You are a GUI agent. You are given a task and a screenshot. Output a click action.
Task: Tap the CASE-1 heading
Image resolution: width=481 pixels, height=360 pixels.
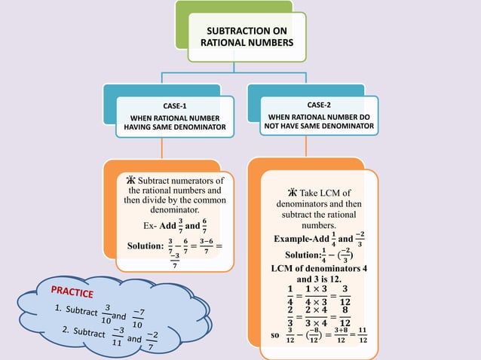(x=175, y=105)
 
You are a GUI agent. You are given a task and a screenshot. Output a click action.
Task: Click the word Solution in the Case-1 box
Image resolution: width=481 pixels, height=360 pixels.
(x=144, y=246)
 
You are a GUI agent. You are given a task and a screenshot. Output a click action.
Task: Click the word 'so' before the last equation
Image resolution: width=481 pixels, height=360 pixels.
(x=274, y=334)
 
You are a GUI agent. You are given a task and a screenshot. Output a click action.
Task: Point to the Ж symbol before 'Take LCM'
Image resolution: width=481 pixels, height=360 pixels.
(x=293, y=193)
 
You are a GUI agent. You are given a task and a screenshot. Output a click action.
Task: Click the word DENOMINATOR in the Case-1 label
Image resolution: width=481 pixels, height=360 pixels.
(x=201, y=128)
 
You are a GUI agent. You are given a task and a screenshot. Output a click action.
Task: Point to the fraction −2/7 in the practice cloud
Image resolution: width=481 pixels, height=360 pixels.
(x=152, y=343)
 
